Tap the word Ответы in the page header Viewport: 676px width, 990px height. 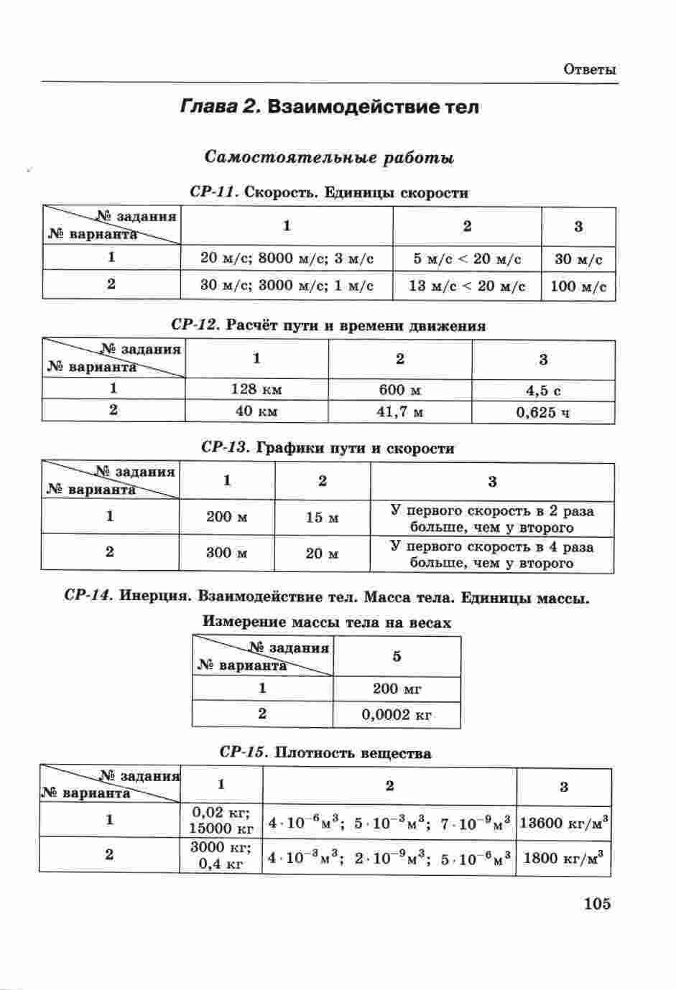coord(590,70)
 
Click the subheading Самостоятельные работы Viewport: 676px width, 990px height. coord(329,157)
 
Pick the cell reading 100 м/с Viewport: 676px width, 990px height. coord(578,286)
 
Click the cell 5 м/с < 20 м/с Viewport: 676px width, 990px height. coord(467,258)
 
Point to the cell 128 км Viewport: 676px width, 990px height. coord(256,389)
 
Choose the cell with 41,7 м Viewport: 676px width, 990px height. coord(399,411)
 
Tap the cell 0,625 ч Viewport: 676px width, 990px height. coord(543,412)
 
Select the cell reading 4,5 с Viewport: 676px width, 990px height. coord(543,390)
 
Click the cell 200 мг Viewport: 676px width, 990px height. coord(397,688)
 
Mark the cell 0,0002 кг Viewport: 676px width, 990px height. coord(397,714)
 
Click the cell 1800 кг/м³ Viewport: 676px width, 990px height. coord(564,856)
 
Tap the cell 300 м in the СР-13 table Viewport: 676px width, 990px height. coord(227,553)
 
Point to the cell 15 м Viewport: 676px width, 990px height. coord(322,517)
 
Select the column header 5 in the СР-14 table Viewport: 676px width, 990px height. coord(397,656)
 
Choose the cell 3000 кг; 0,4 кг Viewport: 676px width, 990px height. coord(221,855)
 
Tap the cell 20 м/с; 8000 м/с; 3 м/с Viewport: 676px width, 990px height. coord(287,258)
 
